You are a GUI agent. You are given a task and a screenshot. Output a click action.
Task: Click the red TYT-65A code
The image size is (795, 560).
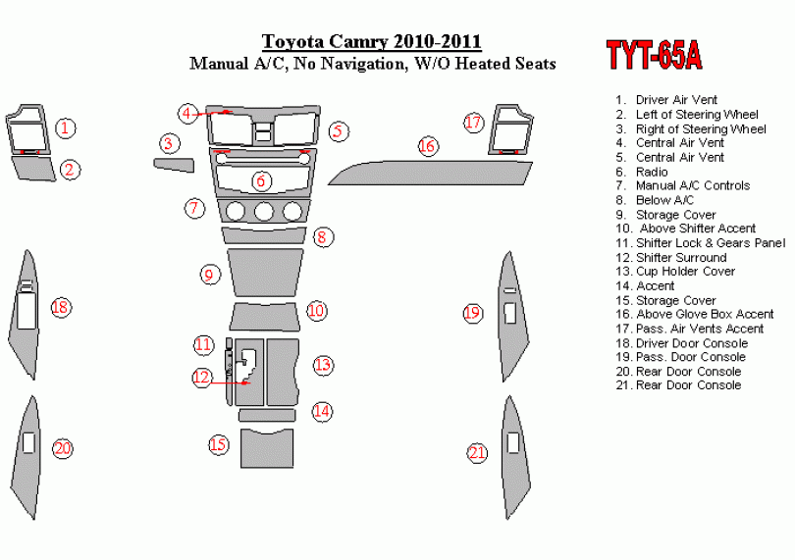tap(654, 55)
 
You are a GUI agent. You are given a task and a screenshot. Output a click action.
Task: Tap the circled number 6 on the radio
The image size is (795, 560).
tap(261, 180)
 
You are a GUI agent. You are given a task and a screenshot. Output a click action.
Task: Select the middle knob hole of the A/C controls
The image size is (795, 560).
tap(264, 211)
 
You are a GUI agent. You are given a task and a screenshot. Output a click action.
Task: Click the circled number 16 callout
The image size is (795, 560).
tap(427, 146)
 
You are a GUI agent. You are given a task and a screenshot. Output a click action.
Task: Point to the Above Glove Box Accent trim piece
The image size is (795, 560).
tap(431, 174)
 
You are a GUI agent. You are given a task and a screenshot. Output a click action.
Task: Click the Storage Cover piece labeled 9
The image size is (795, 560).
tap(265, 273)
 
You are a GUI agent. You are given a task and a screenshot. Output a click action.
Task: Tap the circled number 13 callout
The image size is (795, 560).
tap(323, 365)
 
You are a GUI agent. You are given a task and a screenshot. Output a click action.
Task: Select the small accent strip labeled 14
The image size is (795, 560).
tap(267, 416)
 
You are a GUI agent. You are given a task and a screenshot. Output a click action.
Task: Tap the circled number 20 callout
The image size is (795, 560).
tap(63, 448)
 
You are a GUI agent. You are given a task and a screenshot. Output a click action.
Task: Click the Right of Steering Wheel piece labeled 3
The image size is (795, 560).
tap(174, 165)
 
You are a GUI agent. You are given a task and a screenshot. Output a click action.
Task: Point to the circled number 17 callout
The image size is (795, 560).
tap(473, 123)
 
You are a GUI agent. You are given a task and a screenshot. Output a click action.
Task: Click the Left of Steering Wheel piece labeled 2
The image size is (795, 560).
tap(33, 169)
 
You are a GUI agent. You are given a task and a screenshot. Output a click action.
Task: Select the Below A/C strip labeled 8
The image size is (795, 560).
tap(264, 235)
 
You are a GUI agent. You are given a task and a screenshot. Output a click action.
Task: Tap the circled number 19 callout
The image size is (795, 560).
tap(472, 313)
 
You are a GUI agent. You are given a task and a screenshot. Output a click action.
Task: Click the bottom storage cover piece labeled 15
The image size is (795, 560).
tap(267, 448)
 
